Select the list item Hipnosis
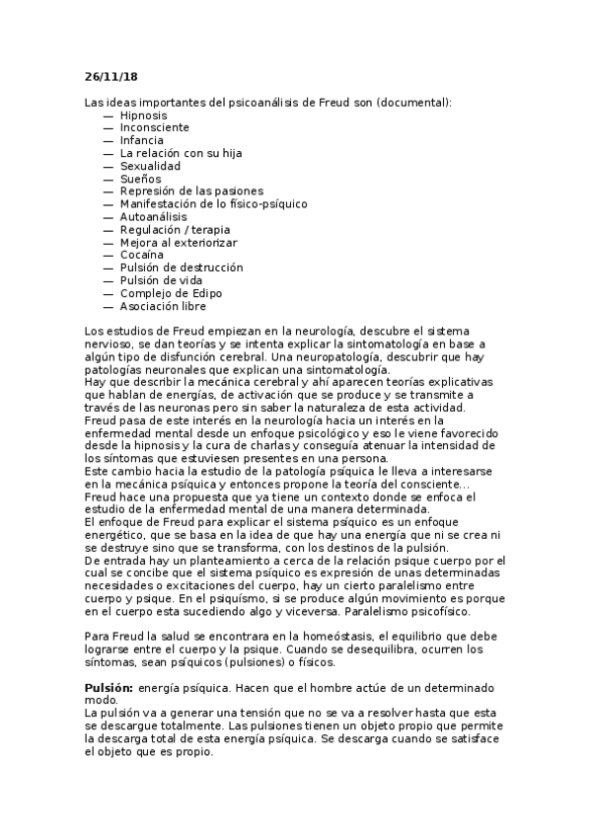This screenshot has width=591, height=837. (x=143, y=115)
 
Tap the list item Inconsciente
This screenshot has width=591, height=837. (x=154, y=128)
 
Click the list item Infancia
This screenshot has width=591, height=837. (x=142, y=141)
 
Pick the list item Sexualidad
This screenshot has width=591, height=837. (x=150, y=166)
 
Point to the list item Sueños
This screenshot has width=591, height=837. (x=140, y=179)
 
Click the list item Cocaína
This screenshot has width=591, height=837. (x=141, y=255)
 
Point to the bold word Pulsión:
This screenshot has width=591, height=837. (x=109, y=685)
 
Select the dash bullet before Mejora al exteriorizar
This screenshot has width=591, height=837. (x=107, y=242)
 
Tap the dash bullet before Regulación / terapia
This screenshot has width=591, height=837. (x=107, y=229)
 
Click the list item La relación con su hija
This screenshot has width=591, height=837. (x=181, y=154)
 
